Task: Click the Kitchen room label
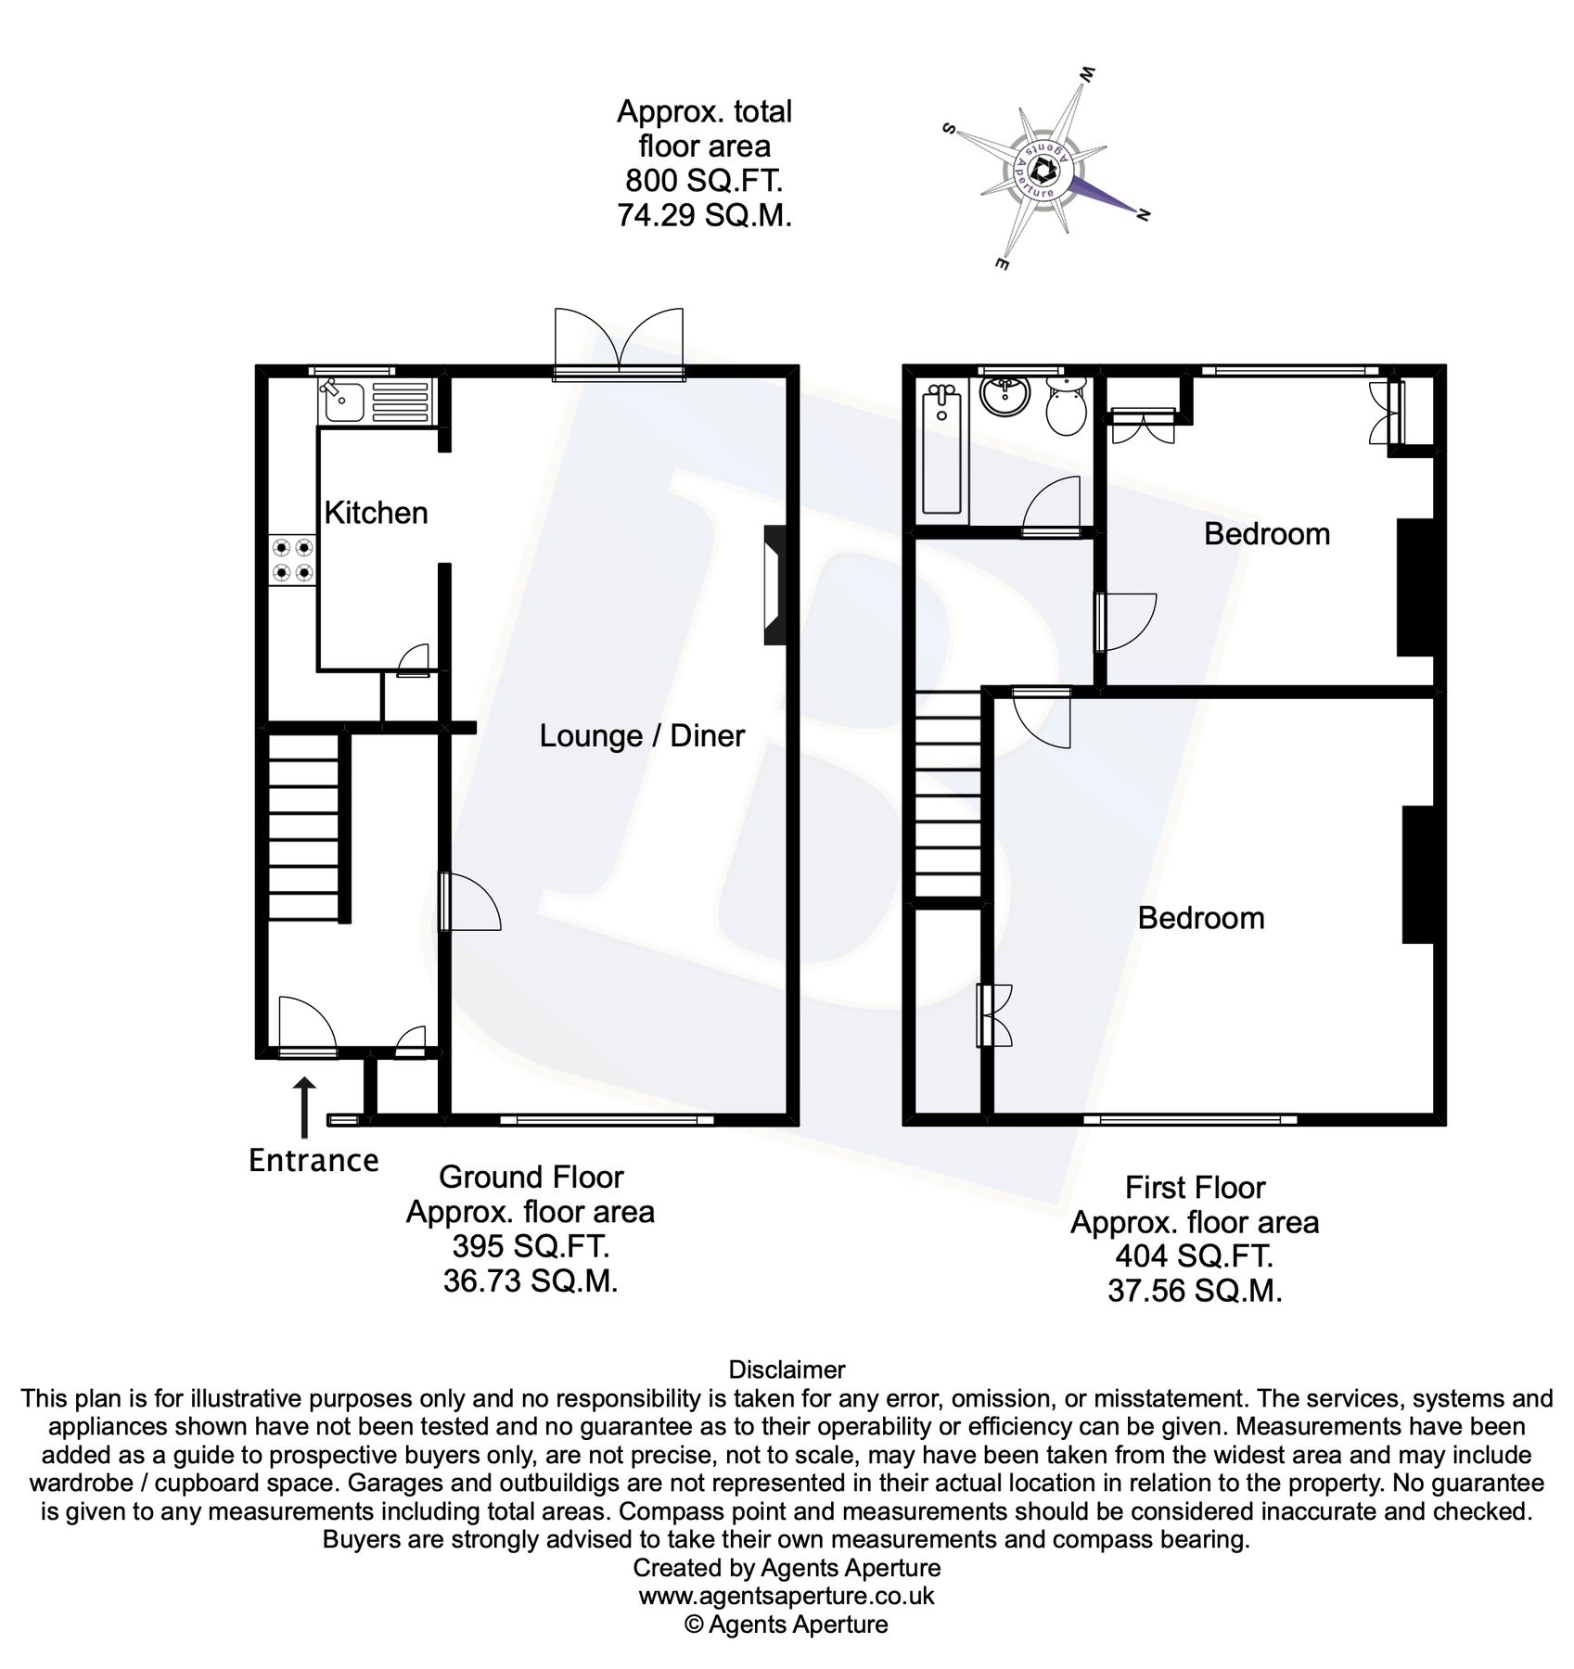tap(376, 513)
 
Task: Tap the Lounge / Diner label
tap(642, 735)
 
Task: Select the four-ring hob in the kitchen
tap(290, 561)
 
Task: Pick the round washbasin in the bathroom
tap(1004, 397)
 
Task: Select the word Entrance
tap(314, 1161)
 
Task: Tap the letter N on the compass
tap(1144, 216)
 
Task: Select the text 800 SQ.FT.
tap(704, 181)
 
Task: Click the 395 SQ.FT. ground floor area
tap(530, 1247)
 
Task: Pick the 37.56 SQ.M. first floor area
tap(1195, 1292)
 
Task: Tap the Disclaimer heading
tap(787, 1370)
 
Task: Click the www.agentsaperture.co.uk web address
tap(787, 1596)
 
